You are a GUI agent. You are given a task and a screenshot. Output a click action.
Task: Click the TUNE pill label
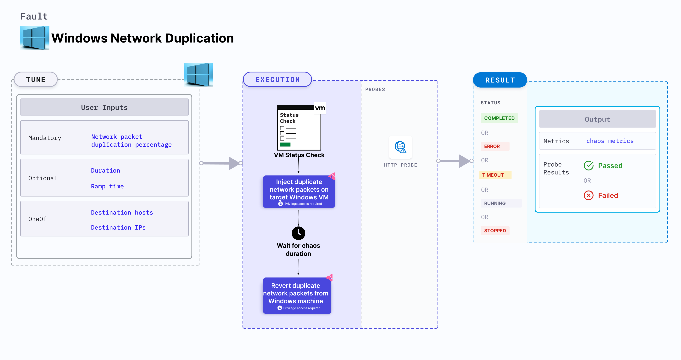pyautogui.click(x=36, y=79)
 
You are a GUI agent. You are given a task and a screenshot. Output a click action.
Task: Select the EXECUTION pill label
pyautogui.click(x=277, y=79)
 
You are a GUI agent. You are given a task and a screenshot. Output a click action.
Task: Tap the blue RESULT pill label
pyautogui.click(x=500, y=80)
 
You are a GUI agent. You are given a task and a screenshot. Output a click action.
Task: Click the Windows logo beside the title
pyautogui.click(x=35, y=38)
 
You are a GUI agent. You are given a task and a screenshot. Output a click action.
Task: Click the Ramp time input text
pyautogui.click(x=107, y=186)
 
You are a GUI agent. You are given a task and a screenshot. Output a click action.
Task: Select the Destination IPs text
pyautogui.click(x=118, y=227)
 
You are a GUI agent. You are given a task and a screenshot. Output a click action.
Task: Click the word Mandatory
pyautogui.click(x=45, y=138)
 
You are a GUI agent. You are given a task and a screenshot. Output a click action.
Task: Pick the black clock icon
pyautogui.click(x=298, y=233)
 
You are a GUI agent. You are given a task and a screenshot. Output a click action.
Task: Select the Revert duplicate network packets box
pyautogui.click(x=297, y=295)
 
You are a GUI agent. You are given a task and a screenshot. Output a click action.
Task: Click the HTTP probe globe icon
pyautogui.click(x=400, y=147)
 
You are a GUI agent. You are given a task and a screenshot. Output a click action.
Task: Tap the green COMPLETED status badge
pyautogui.click(x=499, y=118)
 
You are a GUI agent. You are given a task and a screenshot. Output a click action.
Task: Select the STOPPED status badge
pyautogui.click(x=495, y=230)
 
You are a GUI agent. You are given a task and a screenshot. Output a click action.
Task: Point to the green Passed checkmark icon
pyautogui.click(x=589, y=166)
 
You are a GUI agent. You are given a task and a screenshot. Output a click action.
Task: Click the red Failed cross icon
pyautogui.click(x=589, y=196)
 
